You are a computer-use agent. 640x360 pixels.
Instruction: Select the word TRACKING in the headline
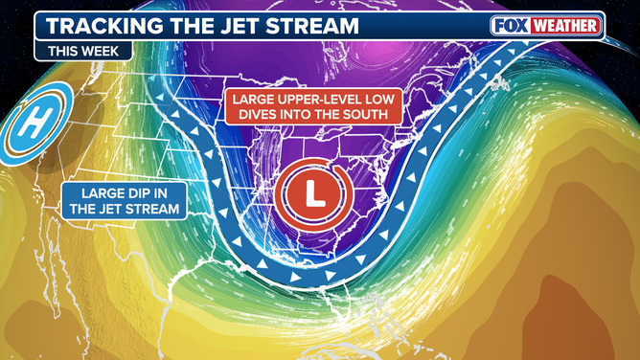[x=103, y=26]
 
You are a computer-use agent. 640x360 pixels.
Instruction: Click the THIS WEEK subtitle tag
[x=82, y=52]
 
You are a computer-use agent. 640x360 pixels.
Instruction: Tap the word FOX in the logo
[x=512, y=26]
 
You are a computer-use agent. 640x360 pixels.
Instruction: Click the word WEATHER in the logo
[x=566, y=26]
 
